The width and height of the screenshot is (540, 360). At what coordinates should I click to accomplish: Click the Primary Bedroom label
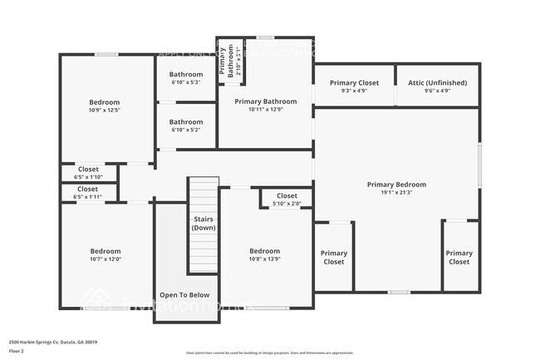[396, 185]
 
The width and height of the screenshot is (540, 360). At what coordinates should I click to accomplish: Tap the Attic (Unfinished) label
[437, 83]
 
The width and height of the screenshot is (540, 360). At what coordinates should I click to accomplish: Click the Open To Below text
[184, 295]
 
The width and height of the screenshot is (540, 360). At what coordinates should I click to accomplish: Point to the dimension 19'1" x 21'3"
[396, 193]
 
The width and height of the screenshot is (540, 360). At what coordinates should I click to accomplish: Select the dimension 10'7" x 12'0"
[106, 259]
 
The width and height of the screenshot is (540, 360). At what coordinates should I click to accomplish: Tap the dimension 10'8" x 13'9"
[264, 259]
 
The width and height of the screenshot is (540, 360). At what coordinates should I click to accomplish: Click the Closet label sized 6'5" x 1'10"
[87, 170]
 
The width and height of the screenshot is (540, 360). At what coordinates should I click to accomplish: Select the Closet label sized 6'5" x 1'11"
[87, 190]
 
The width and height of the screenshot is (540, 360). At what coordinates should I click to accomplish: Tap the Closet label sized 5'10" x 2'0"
[287, 196]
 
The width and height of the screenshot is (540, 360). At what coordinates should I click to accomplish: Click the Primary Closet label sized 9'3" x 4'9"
[354, 83]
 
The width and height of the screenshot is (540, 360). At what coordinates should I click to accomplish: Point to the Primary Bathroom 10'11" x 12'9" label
[264, 101]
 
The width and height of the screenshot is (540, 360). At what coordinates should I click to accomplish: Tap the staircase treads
[203, 249]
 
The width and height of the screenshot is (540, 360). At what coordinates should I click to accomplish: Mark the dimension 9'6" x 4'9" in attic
[437, 91]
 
